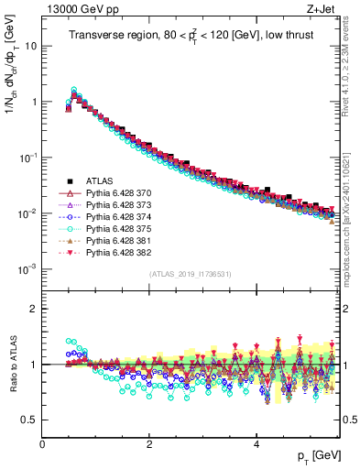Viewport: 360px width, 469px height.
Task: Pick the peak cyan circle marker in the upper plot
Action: pos(74,90)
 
